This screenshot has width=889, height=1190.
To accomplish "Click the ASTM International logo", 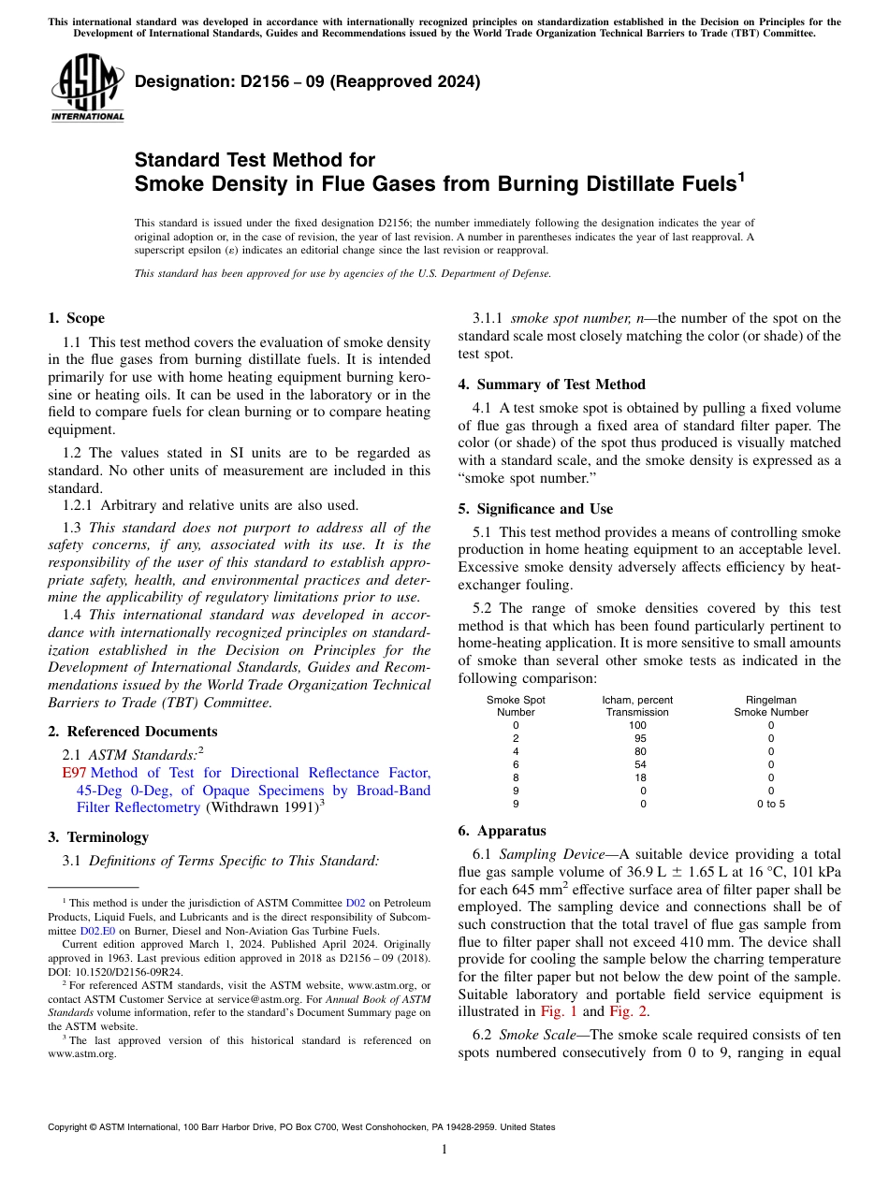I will (86, 88).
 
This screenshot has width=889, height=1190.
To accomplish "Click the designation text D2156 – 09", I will (307, 81).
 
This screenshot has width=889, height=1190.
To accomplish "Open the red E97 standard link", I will (74, 773).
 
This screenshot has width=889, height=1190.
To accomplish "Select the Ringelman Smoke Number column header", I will (770, 706).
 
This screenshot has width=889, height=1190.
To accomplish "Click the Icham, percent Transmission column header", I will (637, 706).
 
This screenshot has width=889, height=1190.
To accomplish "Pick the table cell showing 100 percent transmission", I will (637, 725).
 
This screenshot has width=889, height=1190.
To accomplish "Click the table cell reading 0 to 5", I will (770, 804).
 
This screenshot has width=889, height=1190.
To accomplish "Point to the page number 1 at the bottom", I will (444, 1150).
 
